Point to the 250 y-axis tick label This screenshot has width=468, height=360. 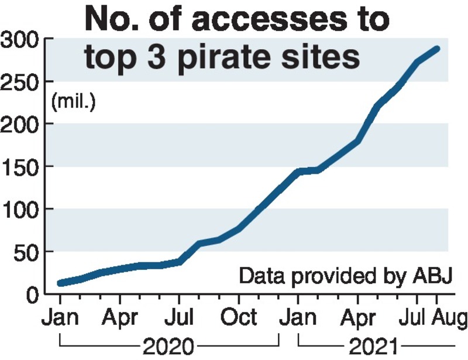(20, 82)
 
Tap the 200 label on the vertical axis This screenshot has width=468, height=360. (20, 124)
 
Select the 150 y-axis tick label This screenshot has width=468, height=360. (20, 167)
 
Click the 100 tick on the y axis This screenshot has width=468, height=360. (20, 209)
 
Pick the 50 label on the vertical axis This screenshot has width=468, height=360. (27, 252)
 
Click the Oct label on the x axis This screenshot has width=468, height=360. (238, 317)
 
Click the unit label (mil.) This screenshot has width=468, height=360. (74, 102)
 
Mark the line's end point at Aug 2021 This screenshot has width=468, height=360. (437, 49)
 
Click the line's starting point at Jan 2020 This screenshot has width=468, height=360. (60, 283)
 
